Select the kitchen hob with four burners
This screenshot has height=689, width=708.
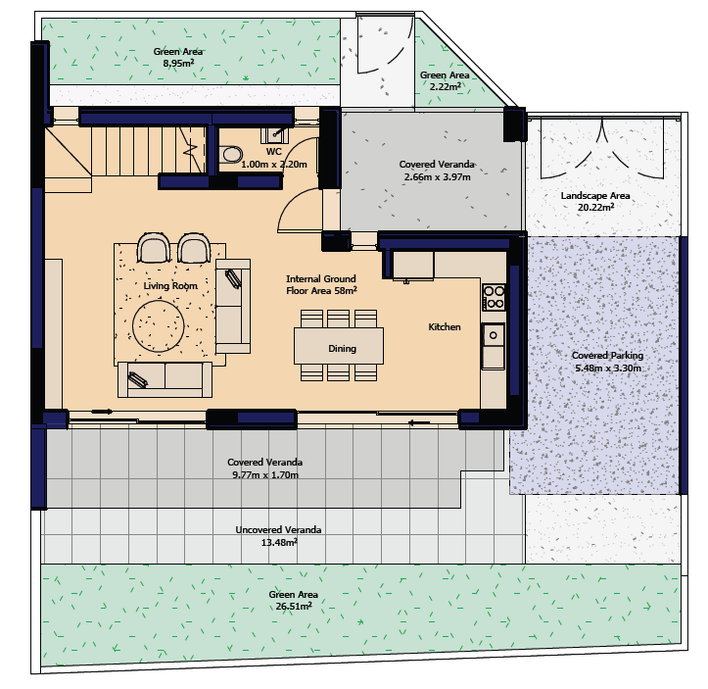pyautogui.click(x=494, y=297)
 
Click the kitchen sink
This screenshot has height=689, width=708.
pyautogui.click(x=494, y=335)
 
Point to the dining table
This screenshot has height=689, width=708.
pyautogui.click(x=339, y=346)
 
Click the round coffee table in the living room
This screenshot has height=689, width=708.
pyautogui.click(x=158, y=326)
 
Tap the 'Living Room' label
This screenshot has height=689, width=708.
pyautogui.click(x=170, y=285)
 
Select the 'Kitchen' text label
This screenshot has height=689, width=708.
pyautogui.click(x=445, y=326)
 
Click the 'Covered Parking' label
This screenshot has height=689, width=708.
pyautogui.click(x=607, y=355)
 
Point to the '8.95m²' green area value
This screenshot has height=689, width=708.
pyautogui.click(x=178, y=64)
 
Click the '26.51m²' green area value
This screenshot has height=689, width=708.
pyautogui.click(x=294, y=606)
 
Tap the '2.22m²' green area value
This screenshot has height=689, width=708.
pyautogui.click(x=446, y=86)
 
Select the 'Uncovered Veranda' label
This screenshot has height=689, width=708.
pyautogui.click(x=278, y=529)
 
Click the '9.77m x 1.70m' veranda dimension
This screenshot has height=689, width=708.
pyautogui.click(x=265, y=474)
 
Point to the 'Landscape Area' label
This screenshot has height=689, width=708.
pyautogui.click(x=595, y=196)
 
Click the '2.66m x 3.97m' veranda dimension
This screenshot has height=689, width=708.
pyautogui.click(x=437, y=176)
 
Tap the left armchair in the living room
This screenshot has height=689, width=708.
pyautogui.click(x=154, y=248)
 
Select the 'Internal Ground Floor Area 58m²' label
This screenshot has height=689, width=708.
pyautogui.click(x=321, y=284)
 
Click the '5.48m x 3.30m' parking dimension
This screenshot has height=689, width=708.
pyautogui.click(x=608, y=368)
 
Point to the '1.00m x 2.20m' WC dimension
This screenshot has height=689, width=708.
pyautogui.click(x=274, y=164)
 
